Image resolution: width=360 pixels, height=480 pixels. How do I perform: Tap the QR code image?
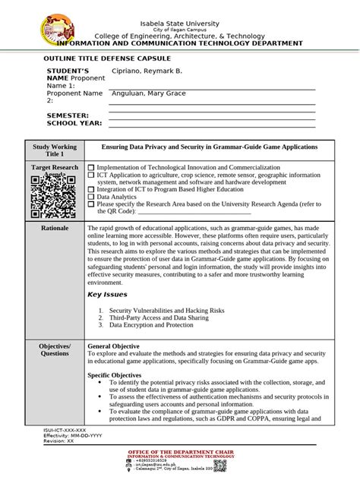click(x=54, y=197)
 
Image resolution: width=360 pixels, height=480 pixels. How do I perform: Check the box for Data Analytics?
click(x=92, y=196)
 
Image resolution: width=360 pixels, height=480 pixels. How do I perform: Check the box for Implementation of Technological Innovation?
click(x=92, y=166)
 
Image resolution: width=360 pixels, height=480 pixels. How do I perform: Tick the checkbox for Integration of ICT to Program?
click(x=92, y=188)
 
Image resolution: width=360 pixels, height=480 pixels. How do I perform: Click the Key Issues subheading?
click(x=108, y=294)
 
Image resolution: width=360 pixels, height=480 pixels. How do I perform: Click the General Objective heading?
click(x=116, y=346)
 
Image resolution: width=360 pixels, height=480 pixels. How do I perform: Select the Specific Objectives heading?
click(x=115, y=374)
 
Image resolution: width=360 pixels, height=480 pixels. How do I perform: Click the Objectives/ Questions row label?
click(x=54, y=349)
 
